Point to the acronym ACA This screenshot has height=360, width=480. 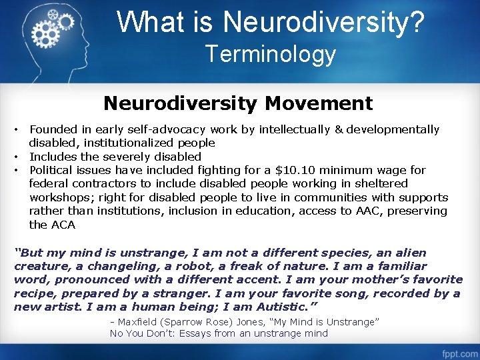63,225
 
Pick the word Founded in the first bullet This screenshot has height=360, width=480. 53,129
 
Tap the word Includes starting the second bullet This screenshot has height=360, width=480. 53,157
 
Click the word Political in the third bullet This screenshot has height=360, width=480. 53,170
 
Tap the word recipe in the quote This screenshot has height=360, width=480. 34,293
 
